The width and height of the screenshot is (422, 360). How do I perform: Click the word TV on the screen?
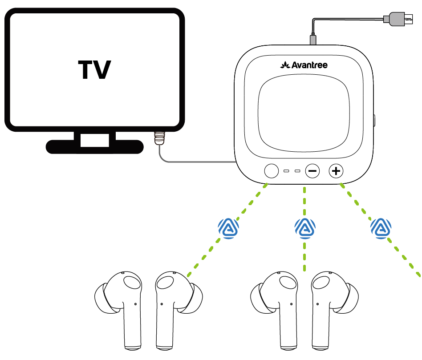coord(94,70)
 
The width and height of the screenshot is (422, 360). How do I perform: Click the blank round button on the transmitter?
coord(271,170)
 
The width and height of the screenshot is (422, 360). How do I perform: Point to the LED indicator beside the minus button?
coord(297,171)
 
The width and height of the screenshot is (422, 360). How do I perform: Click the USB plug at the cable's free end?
coord(397,19)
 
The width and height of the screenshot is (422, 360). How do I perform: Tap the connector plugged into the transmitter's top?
coord(314,39)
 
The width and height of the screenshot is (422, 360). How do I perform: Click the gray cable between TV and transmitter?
coord(196,162)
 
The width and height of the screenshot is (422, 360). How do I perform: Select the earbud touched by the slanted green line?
coord(176,303)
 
